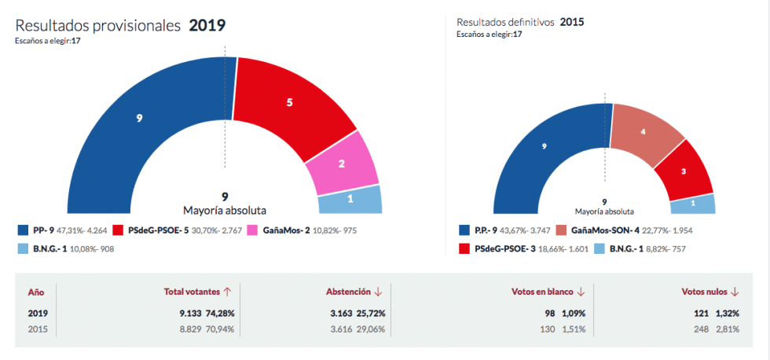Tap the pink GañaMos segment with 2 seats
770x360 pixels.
(342, 163)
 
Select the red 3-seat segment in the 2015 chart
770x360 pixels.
(683, 171)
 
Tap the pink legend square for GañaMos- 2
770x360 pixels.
(254, 230)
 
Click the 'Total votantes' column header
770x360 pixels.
(192, 292)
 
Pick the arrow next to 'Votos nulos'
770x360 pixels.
(735, 292)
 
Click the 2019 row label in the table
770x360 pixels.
(37, 313)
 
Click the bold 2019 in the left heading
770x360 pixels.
(207, 25)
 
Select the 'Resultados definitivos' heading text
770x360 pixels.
(505, 22)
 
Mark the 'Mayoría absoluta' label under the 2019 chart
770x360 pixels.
(225, 211)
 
